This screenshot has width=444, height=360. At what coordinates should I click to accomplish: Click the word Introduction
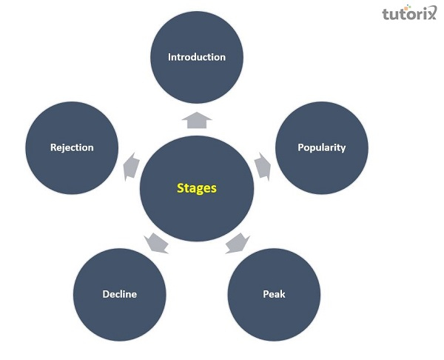[196, 57]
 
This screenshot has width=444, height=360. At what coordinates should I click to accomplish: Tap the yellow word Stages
[196, 188]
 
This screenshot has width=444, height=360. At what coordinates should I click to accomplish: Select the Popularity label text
[321, 147]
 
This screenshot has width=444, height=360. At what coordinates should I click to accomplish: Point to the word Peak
[274, 294]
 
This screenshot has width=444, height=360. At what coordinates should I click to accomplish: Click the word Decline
[119, 294]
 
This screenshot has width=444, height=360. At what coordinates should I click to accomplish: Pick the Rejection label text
[72, 147]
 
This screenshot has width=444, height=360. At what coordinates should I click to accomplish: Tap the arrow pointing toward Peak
[238, 241]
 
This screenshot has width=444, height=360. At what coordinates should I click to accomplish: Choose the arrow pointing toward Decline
[156, 241]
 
